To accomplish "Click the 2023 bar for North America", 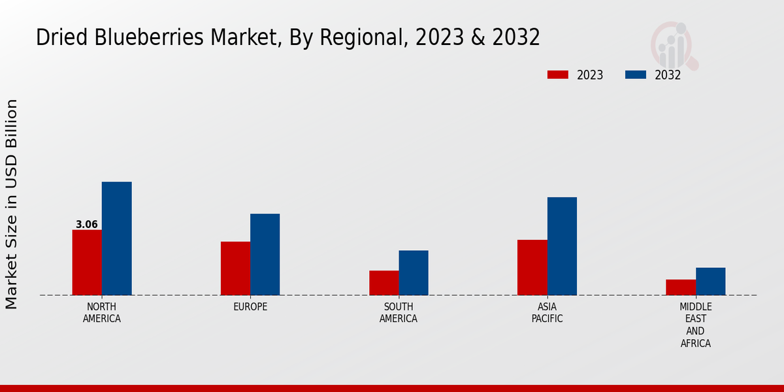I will [87, 263].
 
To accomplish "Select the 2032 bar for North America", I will [117, 238].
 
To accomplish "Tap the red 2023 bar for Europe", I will [235, 269].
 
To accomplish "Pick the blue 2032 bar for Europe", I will [265, 254].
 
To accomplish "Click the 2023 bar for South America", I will [384, 283].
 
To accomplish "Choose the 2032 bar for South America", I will [414, 272].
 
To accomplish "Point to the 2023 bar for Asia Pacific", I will [532, 267].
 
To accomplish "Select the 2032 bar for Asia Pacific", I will [562, 246].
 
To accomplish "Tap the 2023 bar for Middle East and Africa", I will [681, 287].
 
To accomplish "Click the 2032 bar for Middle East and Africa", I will [711, 282].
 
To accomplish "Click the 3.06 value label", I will [87, 225].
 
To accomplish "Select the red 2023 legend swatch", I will [558, 74].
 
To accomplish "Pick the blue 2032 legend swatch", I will [636, 74].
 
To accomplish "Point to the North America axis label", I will [102, 313].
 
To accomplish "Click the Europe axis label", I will [250, 307].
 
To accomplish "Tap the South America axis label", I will [399, 313].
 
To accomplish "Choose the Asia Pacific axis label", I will [547, 313].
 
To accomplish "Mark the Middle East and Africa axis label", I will [696, 325].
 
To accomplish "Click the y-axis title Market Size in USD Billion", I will [12, 204].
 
